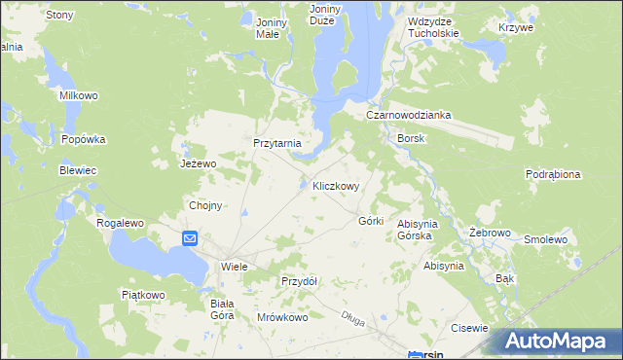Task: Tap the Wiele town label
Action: pyautogui.click(x=234, y=265)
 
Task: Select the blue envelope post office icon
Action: pyautogui.click(x=190, y=237)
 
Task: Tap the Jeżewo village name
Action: pyautogui.click(x=197, y=163)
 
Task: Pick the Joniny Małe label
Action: pyautogui.click(x=267, y=27)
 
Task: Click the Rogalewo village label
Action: pyautogui.click(x=120, y=223)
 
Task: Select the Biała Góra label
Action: pyautogui.click(x=222, y=309)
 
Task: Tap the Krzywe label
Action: pyautogui.click(x=516, y=27)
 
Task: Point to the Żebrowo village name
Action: pyautogui.click(x=490, y=234)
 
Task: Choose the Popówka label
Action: pyautogui.click(x=82, y=139)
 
